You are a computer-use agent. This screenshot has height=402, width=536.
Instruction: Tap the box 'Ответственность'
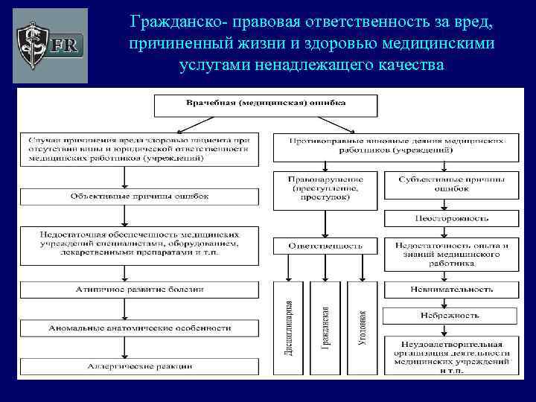[327, 244]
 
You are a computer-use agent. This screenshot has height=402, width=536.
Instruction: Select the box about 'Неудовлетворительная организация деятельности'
[447, 355]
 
